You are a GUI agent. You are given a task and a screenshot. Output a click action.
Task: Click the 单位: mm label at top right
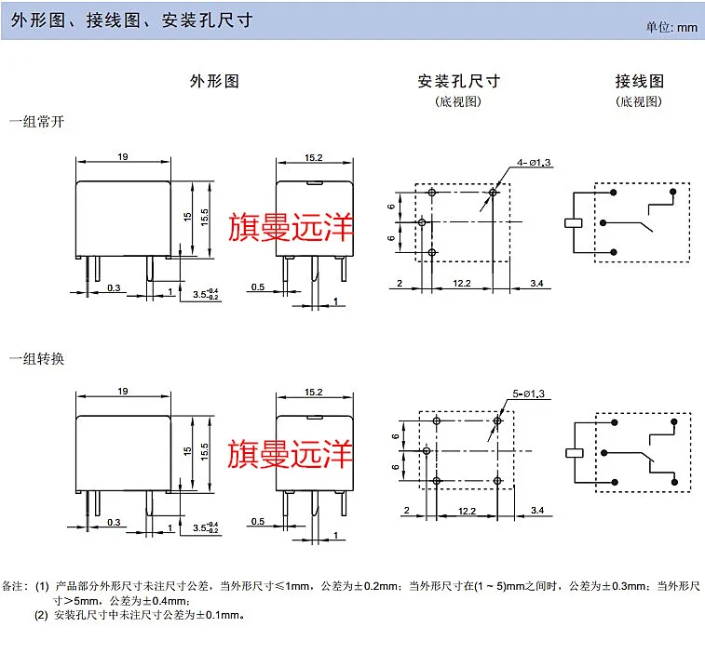[x=671, y=27]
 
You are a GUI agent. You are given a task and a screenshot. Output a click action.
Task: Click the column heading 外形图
[x=214, y=81]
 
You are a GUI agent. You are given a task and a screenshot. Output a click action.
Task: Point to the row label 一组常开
[x=36, y=122]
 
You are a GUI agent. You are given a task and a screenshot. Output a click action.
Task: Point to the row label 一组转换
[x=36, y=358]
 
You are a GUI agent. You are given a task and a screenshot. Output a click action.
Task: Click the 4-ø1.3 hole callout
[x=535, y=163]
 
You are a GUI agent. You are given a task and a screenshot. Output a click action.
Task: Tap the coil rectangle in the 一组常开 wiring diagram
[x=573, y=223]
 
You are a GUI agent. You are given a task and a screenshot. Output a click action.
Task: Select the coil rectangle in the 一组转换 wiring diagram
[x=573, y=453]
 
